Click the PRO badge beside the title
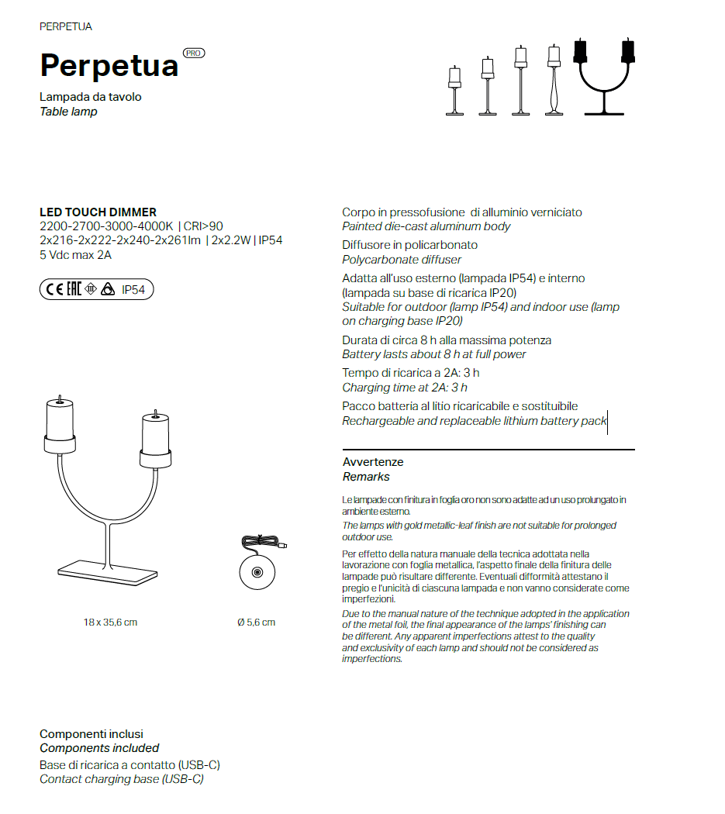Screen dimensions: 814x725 pos(194,53)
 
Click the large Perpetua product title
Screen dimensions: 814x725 pos(109,66)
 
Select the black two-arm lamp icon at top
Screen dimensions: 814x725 pos(602,78)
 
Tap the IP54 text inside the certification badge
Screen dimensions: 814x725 pos(133,291)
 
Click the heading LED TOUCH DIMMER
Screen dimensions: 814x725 pos(98,212)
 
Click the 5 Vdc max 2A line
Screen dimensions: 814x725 pos(75,254)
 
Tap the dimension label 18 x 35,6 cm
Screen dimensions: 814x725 pos(110,623)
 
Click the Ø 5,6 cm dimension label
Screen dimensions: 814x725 pos(256,623)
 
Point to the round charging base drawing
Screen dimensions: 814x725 pos(257,573)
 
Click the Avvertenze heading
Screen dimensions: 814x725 pos(373,462)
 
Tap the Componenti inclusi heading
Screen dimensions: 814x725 pos(91,734)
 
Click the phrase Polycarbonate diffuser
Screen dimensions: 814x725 pos(402,260)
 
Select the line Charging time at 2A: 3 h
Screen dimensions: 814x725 pos(405,388)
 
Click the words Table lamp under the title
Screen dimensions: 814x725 pos(68,112)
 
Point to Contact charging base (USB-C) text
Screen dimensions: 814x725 pos(122,779)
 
